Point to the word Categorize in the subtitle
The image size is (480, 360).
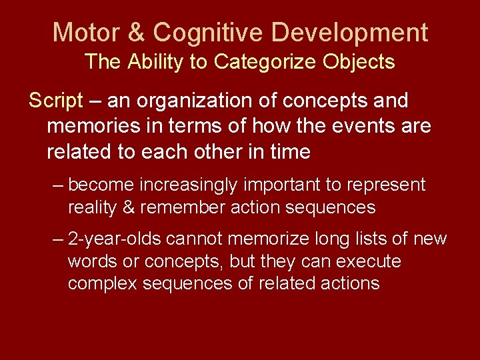(x=265, y=62)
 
